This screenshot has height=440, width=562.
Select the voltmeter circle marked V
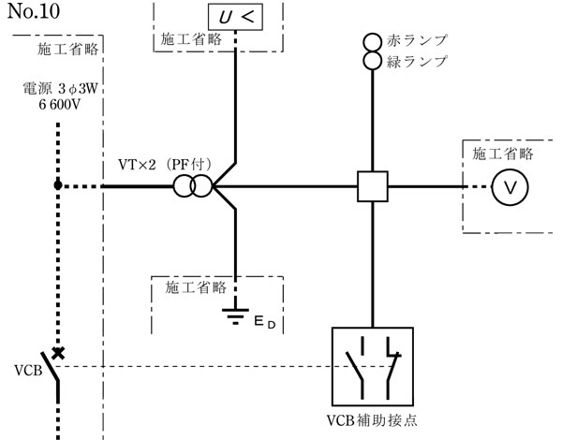coord(510,187)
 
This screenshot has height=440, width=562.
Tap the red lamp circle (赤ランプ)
coord(373,42)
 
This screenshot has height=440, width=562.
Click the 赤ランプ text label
coord(416,42)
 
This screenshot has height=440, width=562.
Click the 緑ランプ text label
coord(416,62)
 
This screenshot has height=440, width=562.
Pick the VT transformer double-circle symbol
coord(192,187)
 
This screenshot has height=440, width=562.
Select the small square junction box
coord(373,187)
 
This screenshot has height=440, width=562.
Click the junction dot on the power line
coord(58,186)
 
